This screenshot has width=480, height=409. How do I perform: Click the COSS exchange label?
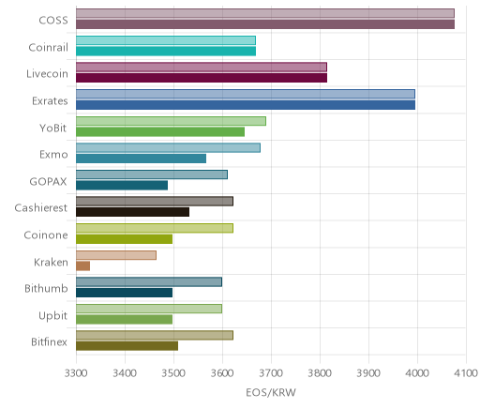pyautogui.click(x=53, y=21)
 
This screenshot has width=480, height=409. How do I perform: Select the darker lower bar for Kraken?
pyautogui.click(x=82, y=266)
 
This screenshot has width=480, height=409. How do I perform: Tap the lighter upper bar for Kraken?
pyautogui.click(x=116, y=255)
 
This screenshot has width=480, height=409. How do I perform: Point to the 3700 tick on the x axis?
pyautogui.click(x=271, y=373)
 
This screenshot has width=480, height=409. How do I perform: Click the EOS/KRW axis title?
pyautogui.click(x=271, y=392)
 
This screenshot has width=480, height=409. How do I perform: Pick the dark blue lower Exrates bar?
pyautogui.click(x=246, y=105)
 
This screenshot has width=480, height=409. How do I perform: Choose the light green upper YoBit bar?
pyautogui.click(x=171, y=121)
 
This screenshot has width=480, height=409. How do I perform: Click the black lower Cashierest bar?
pyautogui.click(x=132, y=212)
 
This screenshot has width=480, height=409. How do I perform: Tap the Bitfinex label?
pyautogui.click(x=49, y=341)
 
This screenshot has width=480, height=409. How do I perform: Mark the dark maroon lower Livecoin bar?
pyautogui.click(x=202, y=78)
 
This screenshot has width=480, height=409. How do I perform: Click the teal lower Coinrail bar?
pyautogui.click(x=166, y=52)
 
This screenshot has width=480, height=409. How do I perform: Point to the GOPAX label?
pyautogui.click(x=48, y=181)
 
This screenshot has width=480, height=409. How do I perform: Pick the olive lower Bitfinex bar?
pyautogui.click(x=127, y=346)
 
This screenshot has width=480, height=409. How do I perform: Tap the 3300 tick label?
pyautogui.click(x=76, y=373)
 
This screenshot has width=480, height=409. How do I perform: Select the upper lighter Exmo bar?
pyautogui.click(x=168, y=148)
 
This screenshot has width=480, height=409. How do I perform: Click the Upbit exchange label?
pyautogui.click(x=52, y=315)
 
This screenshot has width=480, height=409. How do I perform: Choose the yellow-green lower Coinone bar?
pyautogui.click(x=124, y=239)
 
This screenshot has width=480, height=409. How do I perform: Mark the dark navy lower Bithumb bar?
pyautogui.click(x=124, y=293)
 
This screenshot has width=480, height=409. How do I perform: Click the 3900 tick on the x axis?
pyautogui.click(x=368, y=373)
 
